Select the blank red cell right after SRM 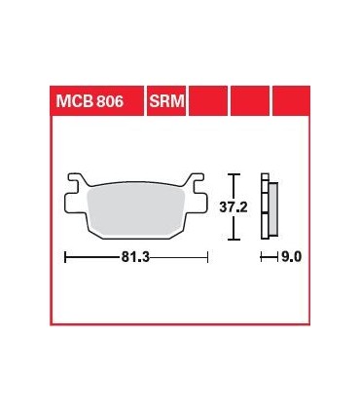[x=207, y=101]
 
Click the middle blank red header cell [x=249, y=101]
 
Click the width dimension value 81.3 [x=135, y=258]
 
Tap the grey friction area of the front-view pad [x=136, y=209]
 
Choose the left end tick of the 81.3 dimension [x=64, y=258]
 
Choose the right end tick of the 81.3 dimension [x=208, y=258]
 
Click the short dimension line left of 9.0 [x=269, y=258]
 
